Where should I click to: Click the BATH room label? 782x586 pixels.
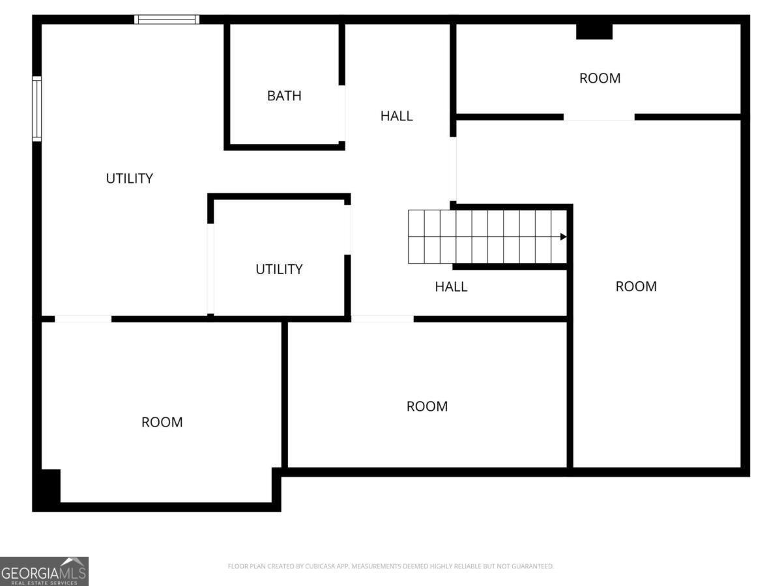point(284,96)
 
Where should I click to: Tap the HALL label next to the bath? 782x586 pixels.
point(396,116)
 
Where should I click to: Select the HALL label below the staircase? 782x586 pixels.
point(451,286)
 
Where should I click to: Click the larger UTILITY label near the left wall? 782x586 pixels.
point(129,178)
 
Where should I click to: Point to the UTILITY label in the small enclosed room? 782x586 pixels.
point(279,270)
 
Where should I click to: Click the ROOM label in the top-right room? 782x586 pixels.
point(600,78)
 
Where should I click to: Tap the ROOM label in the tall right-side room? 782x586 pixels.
point(636,286)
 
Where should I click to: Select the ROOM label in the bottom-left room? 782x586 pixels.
point(162,423)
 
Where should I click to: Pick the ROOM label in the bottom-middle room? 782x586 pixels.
point(427,406)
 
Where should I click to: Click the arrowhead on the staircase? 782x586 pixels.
point(563,236)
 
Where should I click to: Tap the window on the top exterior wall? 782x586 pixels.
point(167,20)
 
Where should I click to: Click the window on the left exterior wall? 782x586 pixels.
point(37,109)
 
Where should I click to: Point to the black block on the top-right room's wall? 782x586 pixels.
point(594,31)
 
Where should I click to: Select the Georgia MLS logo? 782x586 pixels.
point(44,571)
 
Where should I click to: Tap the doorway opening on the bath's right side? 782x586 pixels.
point(341,113)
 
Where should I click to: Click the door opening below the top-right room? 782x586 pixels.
point(599,117)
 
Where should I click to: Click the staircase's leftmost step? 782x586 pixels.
point(416,236)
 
